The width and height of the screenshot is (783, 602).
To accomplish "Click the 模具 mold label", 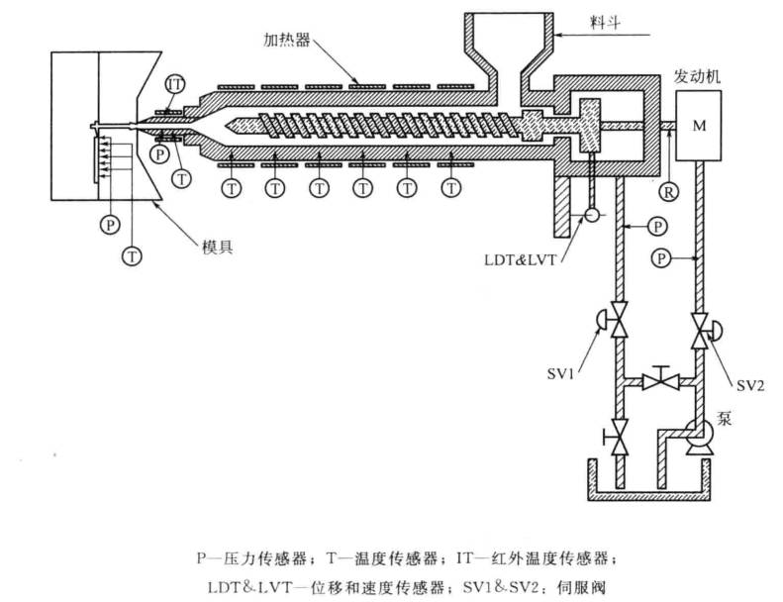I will click(x=217, y=247).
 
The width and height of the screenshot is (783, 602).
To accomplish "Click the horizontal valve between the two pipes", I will click(x=658, y=378).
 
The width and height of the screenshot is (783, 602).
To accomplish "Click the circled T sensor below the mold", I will click(x=131, y=256).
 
